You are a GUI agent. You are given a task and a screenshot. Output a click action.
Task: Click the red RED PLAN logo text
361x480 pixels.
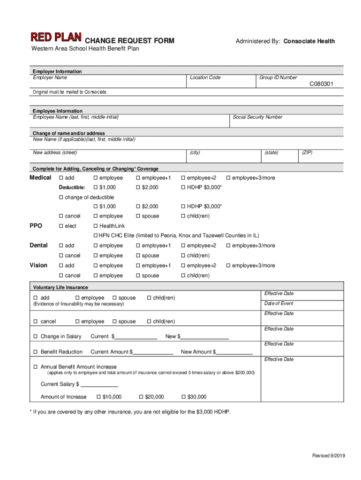[x=56, y=37]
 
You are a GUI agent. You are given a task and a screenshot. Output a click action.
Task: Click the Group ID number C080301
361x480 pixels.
[x=321, y=84]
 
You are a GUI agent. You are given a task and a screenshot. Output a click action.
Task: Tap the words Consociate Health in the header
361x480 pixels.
[x=309, y=41]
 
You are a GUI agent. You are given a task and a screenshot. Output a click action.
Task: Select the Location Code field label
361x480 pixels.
[x=205, y=77]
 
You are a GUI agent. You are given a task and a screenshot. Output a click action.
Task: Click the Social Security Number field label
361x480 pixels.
[x=257, y=117]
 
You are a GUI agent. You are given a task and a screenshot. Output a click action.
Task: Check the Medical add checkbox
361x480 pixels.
[x=61, y=178]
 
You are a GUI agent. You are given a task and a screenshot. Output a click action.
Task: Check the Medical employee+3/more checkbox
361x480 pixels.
[x=228, y=178]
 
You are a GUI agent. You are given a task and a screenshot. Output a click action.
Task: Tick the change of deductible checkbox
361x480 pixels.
[x=61, y=197]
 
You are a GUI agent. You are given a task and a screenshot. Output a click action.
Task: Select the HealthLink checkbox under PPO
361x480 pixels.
[x=96, y=226]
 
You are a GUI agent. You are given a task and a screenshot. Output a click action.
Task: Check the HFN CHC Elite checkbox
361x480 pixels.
[x=96, y=235]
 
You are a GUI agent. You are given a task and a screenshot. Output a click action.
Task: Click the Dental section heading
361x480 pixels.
[x=38, y=245]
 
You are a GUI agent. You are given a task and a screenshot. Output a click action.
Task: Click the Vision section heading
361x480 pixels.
[x=38, y=265]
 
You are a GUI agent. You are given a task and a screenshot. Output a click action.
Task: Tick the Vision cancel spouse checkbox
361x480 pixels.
[x=138, y=276]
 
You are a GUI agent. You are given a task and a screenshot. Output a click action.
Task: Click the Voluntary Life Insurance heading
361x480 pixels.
[x=60, y=287]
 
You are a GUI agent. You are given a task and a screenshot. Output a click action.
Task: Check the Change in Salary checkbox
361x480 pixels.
[x=35, y=337]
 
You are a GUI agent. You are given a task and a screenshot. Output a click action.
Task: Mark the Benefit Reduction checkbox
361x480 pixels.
[x=35, y=352]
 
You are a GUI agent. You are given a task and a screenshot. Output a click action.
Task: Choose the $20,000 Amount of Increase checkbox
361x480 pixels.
[x=141, y=397]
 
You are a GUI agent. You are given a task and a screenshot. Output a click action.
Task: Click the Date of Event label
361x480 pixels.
[x=279, y=303]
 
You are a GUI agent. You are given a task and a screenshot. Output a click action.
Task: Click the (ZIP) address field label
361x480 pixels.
[x=308, y=153]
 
